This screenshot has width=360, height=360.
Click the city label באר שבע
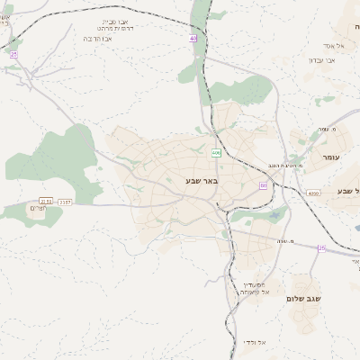pyautogui.click(x=202, y=181)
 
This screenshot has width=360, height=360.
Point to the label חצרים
pyautogui.click(x=36, y=209)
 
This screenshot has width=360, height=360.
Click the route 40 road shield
pyautogui.click(x=193, y=39)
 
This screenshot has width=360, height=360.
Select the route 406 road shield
pyautogui.click(x=216, y=153)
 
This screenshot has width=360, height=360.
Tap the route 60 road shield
pyautogui.click(x=263, y=185)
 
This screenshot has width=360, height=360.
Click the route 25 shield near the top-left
pyautogui.click(x=13, y=55)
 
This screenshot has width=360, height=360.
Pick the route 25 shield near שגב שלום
pyautogui.click(x=320, y=247)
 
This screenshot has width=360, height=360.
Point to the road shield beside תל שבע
pyautogui.click(x=312, y=193)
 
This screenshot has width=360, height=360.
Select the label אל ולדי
pyautogui.click(x=256, y=343)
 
